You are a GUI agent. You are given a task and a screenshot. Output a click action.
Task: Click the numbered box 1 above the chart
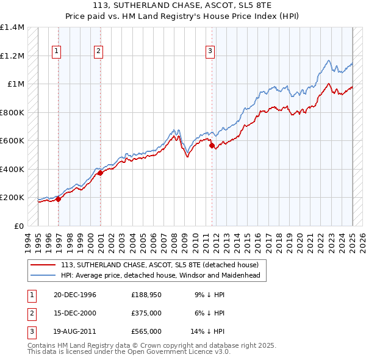point(56,52)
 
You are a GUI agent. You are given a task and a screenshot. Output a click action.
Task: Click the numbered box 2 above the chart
point(98,52)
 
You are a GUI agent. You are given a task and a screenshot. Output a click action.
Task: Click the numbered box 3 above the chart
point(209,52)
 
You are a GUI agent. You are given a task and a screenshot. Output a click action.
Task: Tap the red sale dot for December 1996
point(59,198)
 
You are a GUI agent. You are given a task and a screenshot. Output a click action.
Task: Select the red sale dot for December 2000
point(100,173)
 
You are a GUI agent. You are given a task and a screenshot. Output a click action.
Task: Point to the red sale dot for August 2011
point(212,146)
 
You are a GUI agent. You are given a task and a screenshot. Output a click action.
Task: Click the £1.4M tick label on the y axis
point(12,27)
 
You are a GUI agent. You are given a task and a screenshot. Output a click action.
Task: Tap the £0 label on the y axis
point(20,226)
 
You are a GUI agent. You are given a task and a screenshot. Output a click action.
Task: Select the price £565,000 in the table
point(146,331)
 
